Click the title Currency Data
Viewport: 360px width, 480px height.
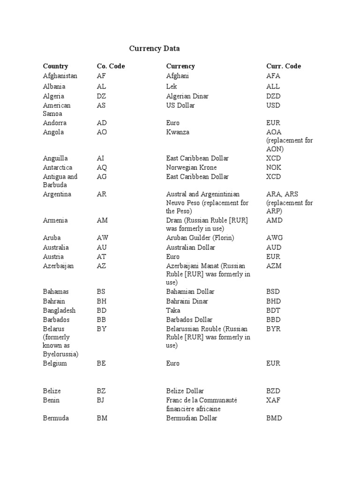[154, 48]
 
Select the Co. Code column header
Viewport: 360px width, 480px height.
[111, 66]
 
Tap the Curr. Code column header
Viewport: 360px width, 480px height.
[284, 66]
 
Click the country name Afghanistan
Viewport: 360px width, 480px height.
[60, 76]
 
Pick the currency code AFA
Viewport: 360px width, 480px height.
[273, 76]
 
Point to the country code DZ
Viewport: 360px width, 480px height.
[101, 96]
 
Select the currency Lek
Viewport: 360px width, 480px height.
[172, 86]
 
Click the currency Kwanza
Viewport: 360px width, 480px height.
[178, 132]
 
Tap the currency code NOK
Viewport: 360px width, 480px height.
[274, 167]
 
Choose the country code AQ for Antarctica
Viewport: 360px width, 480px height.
[102, 167]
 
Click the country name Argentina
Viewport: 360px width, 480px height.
[57, 194]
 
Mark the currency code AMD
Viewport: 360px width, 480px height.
[274, 220]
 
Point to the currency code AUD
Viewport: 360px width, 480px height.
[274, 247]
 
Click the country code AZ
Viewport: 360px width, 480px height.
[101, 266]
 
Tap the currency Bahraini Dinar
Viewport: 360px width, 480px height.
[187, 301]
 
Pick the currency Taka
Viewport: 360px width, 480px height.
[173, 310]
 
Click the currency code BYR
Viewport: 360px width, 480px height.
[273, 329]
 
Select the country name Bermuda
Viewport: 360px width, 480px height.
[56, 418]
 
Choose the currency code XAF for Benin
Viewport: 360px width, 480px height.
[273, 400]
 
